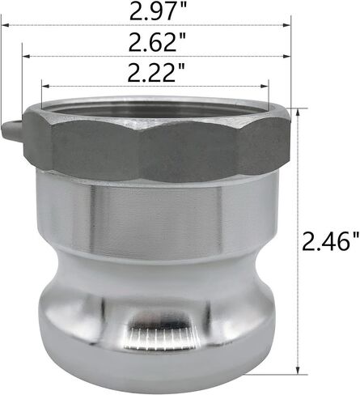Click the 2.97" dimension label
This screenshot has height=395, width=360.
tap(157, 11)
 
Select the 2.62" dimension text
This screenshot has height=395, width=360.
tap(157, 42)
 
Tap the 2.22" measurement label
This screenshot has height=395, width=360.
tap(156, 72)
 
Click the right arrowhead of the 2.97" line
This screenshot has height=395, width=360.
tap(286, 25)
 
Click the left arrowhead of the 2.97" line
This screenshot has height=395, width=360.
tap(6, 25)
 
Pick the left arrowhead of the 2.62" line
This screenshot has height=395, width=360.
tap(26, 56)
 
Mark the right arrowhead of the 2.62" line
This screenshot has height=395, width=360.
tap(286, 56)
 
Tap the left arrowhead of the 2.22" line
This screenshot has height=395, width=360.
tap(46, 86)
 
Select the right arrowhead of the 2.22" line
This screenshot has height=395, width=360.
tap(265, 86)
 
